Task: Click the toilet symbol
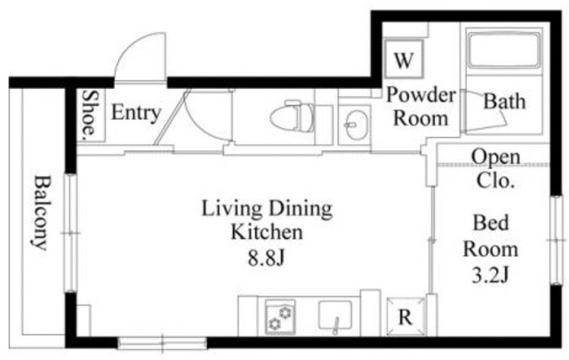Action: click(x=293, y=116)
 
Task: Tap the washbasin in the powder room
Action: click(x=356, y=125)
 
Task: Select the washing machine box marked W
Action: click(x=404, y=60)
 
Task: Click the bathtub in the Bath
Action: click(x=504, y=51)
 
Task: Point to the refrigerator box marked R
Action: click(x=405, y=316)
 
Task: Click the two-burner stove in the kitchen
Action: click(x=280, y=316)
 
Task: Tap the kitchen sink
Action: click(x=335, y=316)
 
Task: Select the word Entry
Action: click(x=136, y=113)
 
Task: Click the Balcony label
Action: click(x=41, y=212)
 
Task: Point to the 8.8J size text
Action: click(x=266, y=259)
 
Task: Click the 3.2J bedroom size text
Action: click(x=491, y=275)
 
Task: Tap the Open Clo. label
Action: click(x=496, y=168)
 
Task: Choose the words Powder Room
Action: click(x=421, y=107)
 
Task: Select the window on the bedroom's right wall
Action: click(x=557, y=240)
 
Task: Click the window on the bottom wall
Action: click(x=162, y=343)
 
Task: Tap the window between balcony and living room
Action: click(x=71, y=233)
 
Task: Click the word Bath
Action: click(x=504, y=101)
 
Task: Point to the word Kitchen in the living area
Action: click(x=267, y=231)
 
